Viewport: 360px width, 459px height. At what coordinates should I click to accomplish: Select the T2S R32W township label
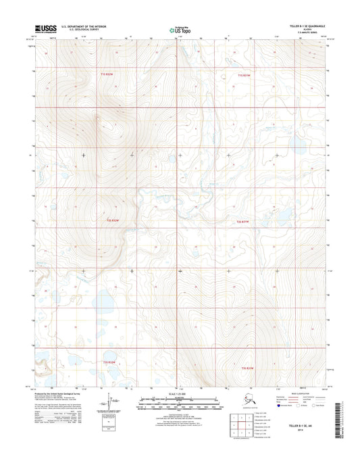coord(116,220)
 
